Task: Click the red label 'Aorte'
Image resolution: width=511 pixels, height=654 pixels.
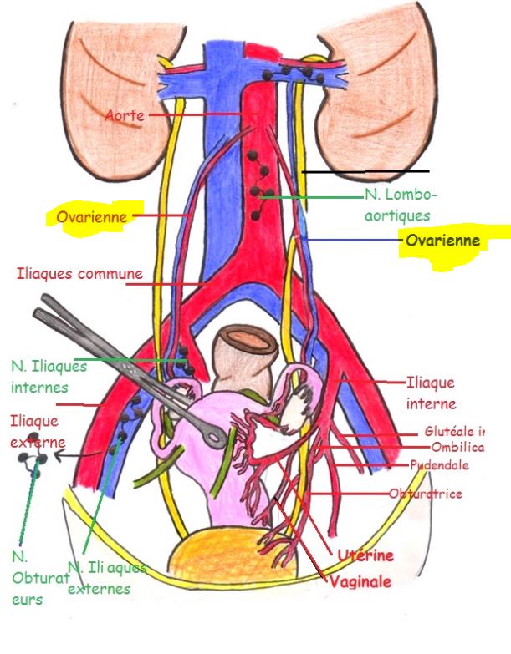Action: click(124, 115)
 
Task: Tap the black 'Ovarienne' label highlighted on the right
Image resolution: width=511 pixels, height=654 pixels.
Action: click(442, 241)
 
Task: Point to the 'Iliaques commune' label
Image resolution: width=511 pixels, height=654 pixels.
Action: click(79, 273)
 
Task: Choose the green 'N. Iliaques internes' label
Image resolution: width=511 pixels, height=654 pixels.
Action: click(49, 376)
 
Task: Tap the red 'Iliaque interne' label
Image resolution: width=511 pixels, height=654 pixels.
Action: click(431, 393)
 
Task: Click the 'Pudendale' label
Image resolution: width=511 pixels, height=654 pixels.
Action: click(439, 465)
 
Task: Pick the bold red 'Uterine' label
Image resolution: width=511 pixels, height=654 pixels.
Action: click(365, 555)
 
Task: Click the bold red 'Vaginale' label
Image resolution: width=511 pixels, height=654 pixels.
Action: click(360, 581)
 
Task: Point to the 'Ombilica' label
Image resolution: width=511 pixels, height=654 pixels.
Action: click(457, 448)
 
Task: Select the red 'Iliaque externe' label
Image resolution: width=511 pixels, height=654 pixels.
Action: click(37, 431)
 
